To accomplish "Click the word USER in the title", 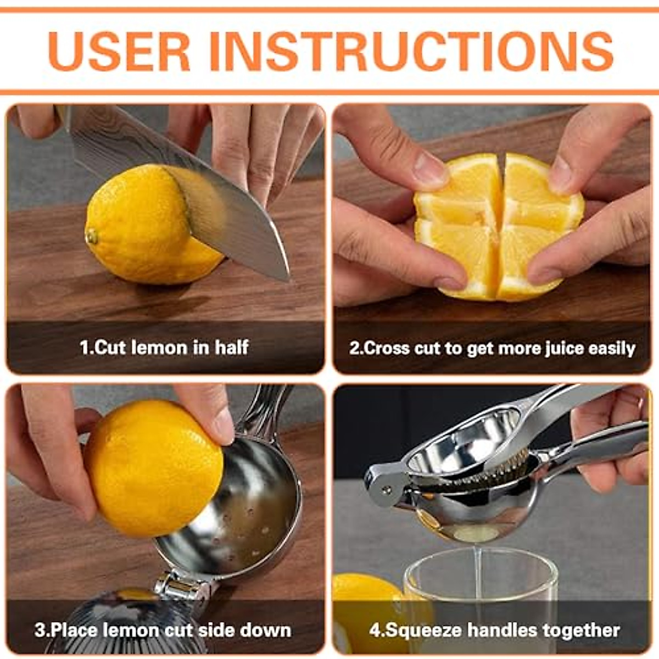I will point(119,51).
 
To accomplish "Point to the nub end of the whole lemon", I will point(92,236).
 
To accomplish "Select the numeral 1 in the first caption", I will point(84,348).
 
